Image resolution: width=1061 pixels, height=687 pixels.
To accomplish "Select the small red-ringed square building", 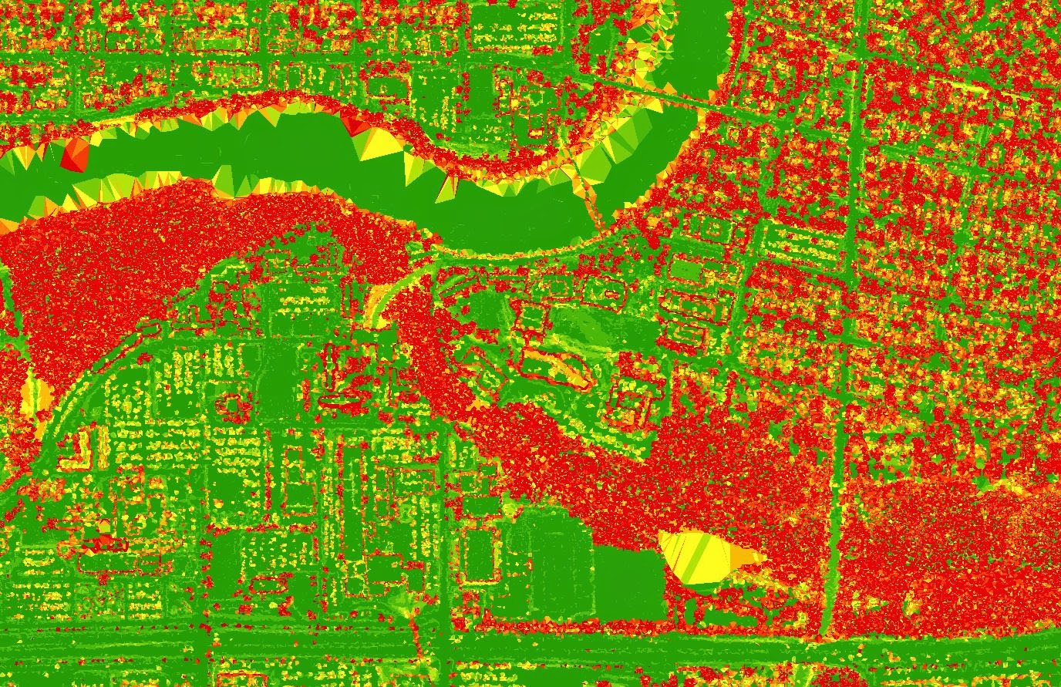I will (231, 404).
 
